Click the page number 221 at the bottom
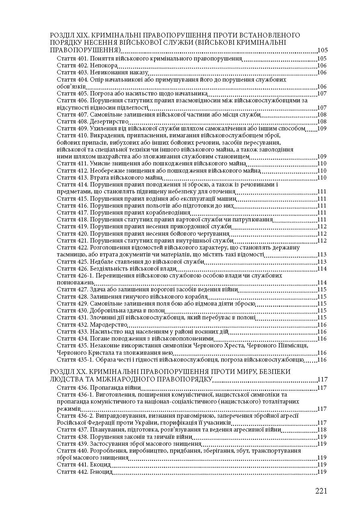point(321,491)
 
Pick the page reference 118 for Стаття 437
point(322,430)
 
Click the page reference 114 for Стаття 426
point(322,269)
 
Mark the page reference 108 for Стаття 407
point(322,115)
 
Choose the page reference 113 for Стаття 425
point(322,262)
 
